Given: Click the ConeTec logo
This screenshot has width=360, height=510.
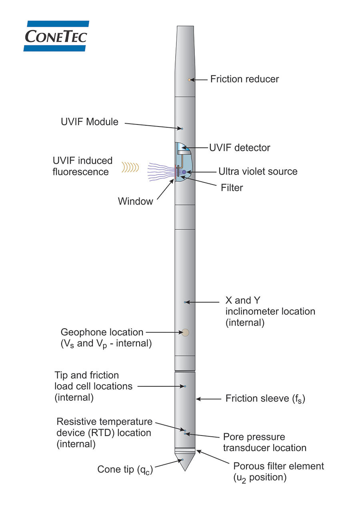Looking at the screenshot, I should click(56, 36).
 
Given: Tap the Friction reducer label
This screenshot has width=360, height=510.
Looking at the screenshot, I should click(244, 79).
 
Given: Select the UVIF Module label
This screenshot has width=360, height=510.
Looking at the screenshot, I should click(90, 122).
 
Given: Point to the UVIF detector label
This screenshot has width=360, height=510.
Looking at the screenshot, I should click(240, 148).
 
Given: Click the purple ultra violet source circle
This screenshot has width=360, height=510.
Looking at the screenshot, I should click(184, 172).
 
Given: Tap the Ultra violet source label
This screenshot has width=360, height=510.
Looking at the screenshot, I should click(258, 172).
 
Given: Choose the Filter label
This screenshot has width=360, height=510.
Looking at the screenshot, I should click(232, 187).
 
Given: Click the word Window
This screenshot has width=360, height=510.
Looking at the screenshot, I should click(135, 201).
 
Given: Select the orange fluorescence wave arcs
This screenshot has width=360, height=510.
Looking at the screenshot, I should click(130, 167).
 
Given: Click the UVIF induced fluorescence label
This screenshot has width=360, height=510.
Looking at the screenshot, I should click(83, 166).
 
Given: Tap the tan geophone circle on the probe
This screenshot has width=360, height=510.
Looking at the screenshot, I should click(185, 332).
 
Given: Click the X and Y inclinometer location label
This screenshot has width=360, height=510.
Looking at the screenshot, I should click(270, 311).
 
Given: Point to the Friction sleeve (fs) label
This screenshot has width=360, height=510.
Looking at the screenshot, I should click(265, 398).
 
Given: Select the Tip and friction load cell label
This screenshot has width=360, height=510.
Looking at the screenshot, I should click(93, 386).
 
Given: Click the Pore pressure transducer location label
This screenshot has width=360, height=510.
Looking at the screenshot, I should click(264, 442).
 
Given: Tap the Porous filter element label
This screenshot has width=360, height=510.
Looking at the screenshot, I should click(278, 472).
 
